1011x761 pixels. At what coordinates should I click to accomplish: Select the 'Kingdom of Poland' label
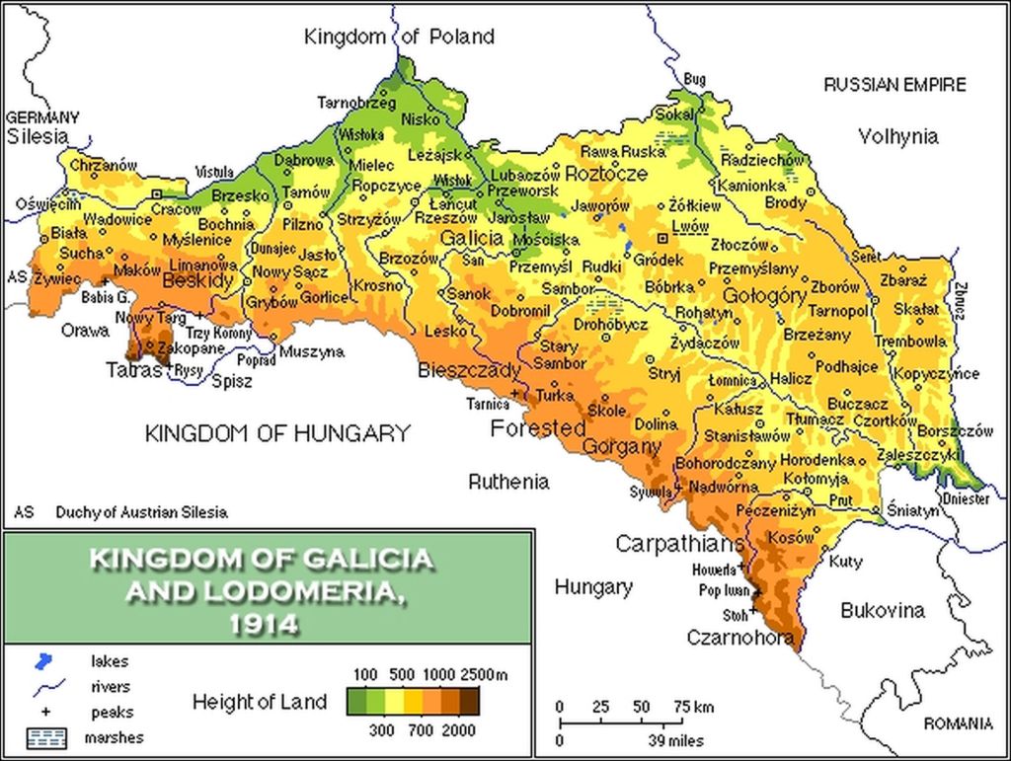(x=399, y=38)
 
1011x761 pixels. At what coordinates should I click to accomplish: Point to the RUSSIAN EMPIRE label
(x=894, y=85)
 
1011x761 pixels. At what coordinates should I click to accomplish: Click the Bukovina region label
(x=883, y=610)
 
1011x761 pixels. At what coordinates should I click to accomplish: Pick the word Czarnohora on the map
(x=740, y=639)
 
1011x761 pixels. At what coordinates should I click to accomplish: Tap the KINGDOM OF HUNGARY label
(x=277, y=432)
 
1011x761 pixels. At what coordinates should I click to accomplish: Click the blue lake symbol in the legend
(x=43, y=661)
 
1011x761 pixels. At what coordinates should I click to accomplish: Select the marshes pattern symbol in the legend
(x=44, y=736)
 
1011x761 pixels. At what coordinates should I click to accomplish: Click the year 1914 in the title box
(x=262, y=624)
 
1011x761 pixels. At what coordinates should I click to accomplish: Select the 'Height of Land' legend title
(x=259, y=703)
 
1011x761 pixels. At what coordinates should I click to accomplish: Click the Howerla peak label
(x=715, y=570)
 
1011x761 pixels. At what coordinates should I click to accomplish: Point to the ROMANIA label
(x=958, y=723)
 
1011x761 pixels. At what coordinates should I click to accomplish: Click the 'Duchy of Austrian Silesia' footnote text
(x=141, y=512)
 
